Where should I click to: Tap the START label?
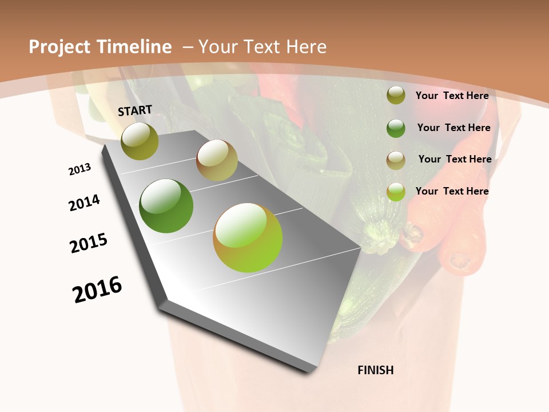135,110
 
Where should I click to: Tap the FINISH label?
376,370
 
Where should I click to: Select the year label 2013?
80,169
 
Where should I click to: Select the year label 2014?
84,203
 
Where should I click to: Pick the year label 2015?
89,243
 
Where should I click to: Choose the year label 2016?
97,290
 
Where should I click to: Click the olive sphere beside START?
140,141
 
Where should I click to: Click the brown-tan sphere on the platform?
217,160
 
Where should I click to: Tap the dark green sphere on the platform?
166,206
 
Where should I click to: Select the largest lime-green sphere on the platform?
248,237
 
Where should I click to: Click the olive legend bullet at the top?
396,96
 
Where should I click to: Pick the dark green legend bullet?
396,128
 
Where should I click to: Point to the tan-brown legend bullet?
396,160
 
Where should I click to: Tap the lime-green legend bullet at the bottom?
396,192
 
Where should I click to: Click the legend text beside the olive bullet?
452,96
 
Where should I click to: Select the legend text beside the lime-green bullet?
452,191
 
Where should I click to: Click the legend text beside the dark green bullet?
453,128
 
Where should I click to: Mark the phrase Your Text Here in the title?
262,47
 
